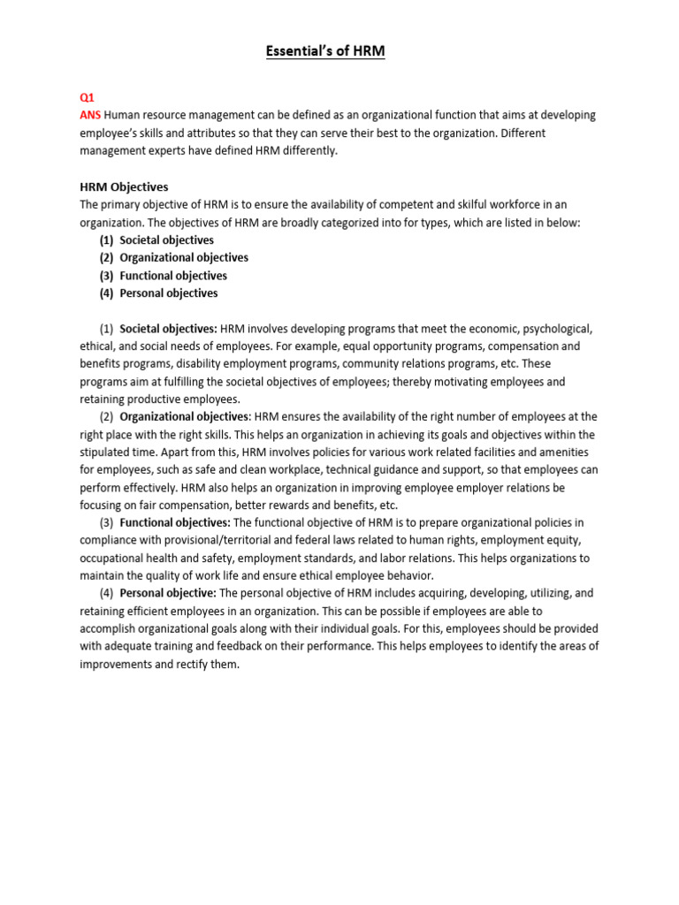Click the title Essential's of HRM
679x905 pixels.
click(x=325, y=52)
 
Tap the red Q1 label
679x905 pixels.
click(x=88, y=98)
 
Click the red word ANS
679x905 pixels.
click(x=90, y=116)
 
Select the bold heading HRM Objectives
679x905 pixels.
click(x=124, y=186)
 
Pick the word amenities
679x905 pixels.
click(x=567, y=452)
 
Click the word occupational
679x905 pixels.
click(x=114, y=559)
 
